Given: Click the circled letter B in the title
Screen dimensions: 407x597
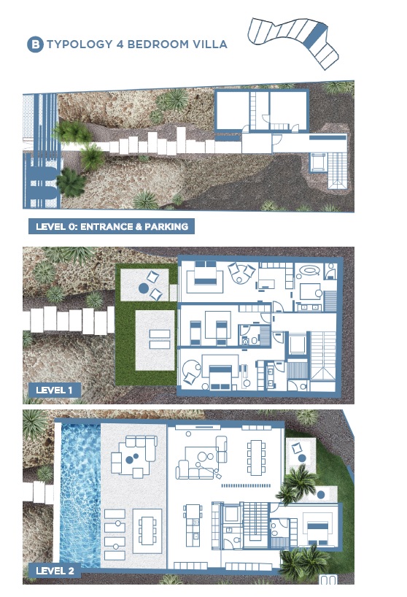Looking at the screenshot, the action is pyautogui.click(x=35, y=45).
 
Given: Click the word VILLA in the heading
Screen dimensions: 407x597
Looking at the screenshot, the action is pyautogui.click(x=210, y=45).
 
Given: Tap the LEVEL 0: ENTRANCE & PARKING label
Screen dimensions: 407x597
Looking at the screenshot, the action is pyautogui.click(x=112, y=226).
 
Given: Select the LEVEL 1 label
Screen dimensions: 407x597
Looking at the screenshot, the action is pyautogui.click(x=54, y=390).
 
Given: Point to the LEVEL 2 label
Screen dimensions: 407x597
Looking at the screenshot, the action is pyautogui.click(x=55, y=570).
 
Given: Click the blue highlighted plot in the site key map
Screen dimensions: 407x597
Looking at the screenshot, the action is pyautogui.click(x=316, y=35).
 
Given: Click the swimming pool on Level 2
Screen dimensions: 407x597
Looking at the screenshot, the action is pyautogui.click(x=80, y=495).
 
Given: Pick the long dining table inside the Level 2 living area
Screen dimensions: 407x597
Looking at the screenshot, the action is pyautogui.click(x=256, y=458).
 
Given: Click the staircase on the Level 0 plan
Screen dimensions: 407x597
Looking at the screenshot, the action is pyautogui.click(x=338, y=170).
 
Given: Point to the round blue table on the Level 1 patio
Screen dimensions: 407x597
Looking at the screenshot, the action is pyautogui.click(x=143, y=288).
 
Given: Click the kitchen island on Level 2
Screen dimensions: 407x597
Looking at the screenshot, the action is pyautogui.click(x=193, y=525).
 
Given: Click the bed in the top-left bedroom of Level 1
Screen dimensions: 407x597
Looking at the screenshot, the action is pyautogui.click(x=206, y=274).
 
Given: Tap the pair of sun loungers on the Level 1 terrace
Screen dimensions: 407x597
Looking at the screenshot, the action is pyautogui.click(x=160, y=339).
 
